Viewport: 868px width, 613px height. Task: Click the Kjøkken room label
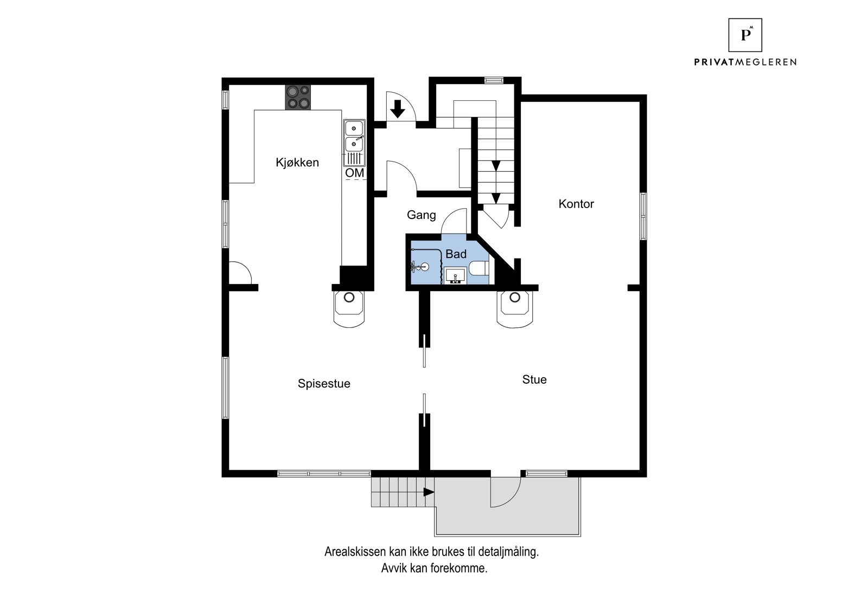tap(297, 163)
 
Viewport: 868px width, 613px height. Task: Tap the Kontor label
tap(576, 204)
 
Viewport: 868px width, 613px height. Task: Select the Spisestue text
tap(324, 383)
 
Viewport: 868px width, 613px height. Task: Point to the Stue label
tap(534, 379)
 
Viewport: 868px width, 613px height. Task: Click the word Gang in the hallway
tap(421, 215)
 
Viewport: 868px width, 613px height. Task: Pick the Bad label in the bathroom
tap(456, 254)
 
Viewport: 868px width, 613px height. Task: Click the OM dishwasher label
tap(355, 173)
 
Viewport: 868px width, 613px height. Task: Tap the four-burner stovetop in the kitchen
tap(298, 97)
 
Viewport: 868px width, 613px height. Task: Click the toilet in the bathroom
tap(480, 268)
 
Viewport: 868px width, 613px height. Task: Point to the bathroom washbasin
tap(455, 276)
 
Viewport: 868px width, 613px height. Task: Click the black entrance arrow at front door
tap(397, 109)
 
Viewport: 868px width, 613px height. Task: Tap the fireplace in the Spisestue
tap(349, 309)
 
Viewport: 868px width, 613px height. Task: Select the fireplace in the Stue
tap(515, 309)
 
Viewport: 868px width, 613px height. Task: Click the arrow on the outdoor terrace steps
tap(428, 492)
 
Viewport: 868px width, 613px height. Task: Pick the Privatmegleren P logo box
tap(745, 35)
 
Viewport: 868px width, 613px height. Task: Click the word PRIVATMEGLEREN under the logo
tap(745, 62)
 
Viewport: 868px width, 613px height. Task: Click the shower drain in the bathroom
tap(425, 267)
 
